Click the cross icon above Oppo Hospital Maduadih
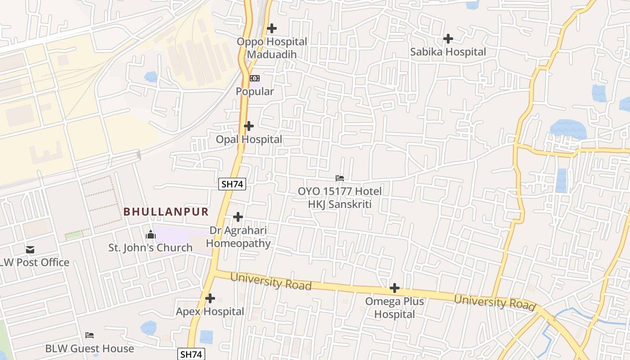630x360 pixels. coord(272,28)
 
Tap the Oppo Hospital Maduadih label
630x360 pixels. coord(272,48)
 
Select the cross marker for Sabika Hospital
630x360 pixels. coord(448,39)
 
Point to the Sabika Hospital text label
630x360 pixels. coord(448,52)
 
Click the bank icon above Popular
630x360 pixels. coord(255,78)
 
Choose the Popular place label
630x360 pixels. coord(255,91)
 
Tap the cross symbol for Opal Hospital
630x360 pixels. coord(249,126)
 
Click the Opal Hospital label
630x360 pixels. coord(249,139)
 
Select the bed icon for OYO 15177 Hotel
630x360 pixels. coord(340,178)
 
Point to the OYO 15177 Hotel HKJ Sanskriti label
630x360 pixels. coord(340,198)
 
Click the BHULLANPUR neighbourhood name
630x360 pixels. coord(166,211)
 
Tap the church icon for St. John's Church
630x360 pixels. coord(151,234)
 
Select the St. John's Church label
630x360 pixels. coord(150,247)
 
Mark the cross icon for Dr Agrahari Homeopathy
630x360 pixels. coord(238,217)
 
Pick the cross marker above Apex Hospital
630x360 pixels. coord(210,298)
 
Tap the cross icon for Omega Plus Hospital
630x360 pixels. coord(395,288)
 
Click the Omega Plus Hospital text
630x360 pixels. coord(395,308)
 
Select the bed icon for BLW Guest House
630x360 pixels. coord(90,335)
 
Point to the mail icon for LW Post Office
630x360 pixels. coord(30,249)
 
